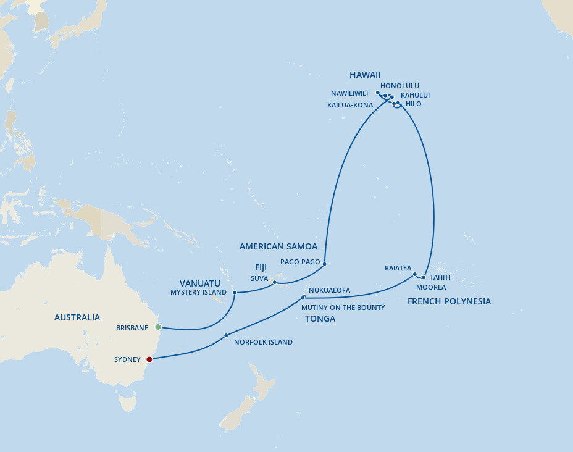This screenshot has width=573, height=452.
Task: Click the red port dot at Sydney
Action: tap(149, 359)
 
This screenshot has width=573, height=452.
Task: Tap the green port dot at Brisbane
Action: tap(158, 327)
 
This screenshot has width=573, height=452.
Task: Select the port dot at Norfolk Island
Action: tap(227, 335)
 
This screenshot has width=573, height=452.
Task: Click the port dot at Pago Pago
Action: tap(324, 263)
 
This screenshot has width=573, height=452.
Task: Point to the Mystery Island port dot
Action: tap(235, 292)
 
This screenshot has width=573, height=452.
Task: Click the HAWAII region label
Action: tap(364, 75)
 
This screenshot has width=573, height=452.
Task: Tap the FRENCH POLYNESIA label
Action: tap(449, 301)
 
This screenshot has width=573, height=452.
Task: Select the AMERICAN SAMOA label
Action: tap(278, 246)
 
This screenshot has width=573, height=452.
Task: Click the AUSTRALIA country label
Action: tap(77, 317)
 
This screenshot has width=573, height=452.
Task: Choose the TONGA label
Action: tap(320, 319)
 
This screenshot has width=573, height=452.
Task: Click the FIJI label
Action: tap(261, 268)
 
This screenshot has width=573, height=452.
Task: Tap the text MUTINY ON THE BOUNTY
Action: tap(343, 308)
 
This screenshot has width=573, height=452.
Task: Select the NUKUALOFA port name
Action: tap(329, 290)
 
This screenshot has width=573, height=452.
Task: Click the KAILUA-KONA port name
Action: tap(350, 105)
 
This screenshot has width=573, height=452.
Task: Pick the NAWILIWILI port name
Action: tap(349, 93)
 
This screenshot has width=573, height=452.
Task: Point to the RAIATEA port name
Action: tap(398, 268)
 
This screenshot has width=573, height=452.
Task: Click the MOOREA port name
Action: tap(431, 287)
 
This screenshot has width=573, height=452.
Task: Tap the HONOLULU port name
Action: tap(399, 86)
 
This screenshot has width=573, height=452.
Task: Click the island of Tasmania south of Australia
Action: tap(128, 403)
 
